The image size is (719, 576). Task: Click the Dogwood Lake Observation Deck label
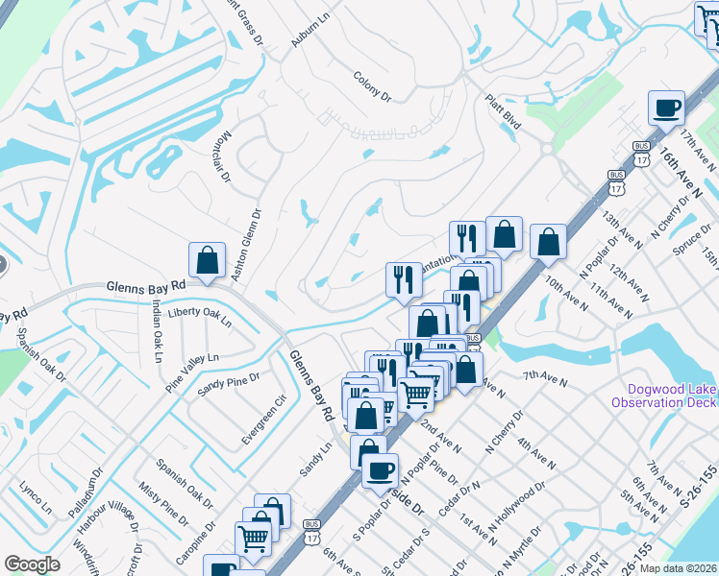(x=671, y=396)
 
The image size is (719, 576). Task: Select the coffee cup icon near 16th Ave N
(x=665, y=109)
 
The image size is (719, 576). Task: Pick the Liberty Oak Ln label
(x=199, y=317)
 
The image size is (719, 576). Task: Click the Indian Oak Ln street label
(x=157, y=325)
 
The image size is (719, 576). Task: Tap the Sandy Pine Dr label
(x=229, y=386)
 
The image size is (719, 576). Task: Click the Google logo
(x=32, y=564)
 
